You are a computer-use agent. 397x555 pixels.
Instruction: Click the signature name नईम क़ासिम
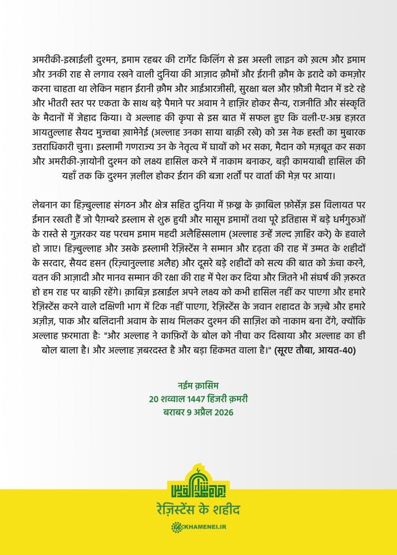(198, 385)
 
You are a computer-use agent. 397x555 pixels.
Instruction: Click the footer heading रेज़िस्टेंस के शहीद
(198, 510)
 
